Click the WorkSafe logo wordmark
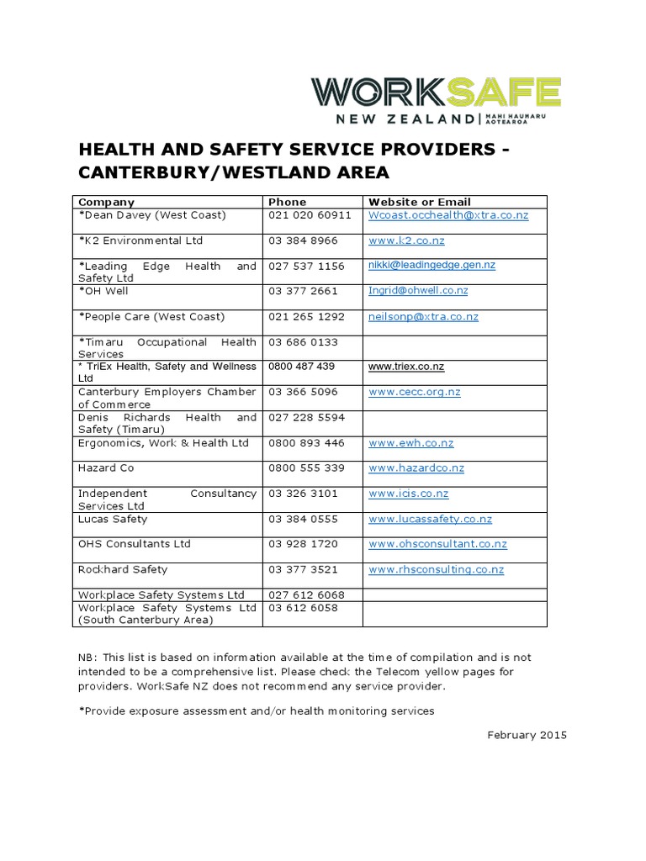(x=436, y=93)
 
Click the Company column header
(x=106, y=202)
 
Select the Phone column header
(x=287, y=202)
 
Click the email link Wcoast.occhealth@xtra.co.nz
(x=448, y=215)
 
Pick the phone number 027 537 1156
(x=306, y=267)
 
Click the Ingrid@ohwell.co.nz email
(x=418, y=291)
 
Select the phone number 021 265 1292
(x=306, y=317)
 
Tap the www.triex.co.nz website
(x=406, y=367)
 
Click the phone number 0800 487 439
(x=301, y=367)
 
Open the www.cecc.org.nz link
(x=414, y=392)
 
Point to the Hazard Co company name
(x=106, y=468)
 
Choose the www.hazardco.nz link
(x=416, y=468)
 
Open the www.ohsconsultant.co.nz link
(x=437, y=544)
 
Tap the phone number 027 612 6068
(x=306, y=595)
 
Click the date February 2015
(x=527, y=736)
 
